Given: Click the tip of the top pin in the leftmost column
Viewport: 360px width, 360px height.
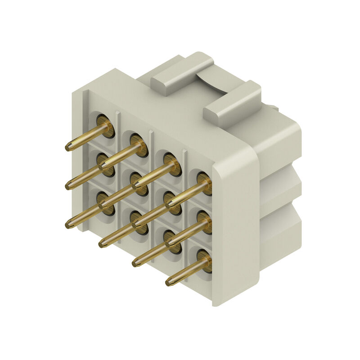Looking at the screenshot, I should pyautogui.click(x=69, y=147).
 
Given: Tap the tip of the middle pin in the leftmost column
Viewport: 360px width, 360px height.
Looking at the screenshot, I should pyautogui.click(x=69, y=186).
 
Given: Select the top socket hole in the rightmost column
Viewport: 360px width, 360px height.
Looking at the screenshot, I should pyautogui.click(x=205, y=182).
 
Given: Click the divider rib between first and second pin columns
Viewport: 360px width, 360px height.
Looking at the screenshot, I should pyautogui.click(x=118, y=180).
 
